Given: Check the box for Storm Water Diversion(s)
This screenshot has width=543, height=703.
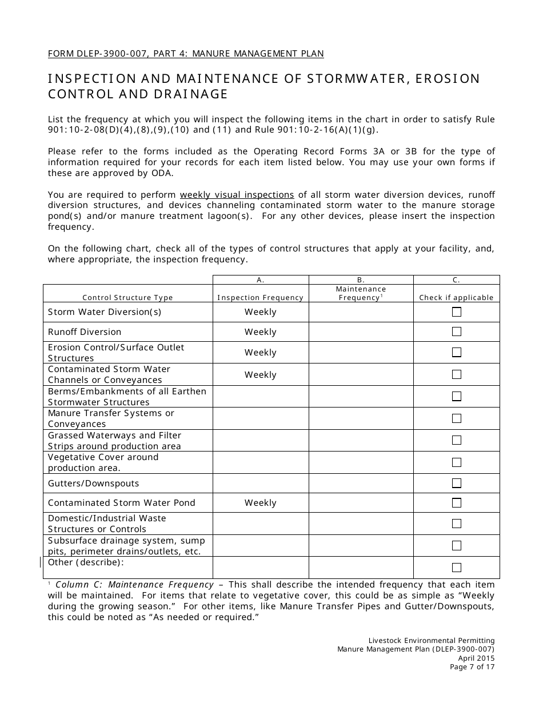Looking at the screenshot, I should tap(457, 312).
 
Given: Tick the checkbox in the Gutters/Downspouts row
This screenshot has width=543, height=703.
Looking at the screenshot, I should tap(457, 484).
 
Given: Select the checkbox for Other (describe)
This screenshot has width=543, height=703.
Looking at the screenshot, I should tap(457, 568).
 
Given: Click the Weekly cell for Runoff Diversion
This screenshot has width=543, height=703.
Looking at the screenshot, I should tap(261, 332).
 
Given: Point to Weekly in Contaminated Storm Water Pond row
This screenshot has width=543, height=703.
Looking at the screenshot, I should tap(261, 503).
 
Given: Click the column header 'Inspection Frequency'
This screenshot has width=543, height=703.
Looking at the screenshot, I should tap(261, 298).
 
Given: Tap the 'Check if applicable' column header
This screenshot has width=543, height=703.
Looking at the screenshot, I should tap(456, 298).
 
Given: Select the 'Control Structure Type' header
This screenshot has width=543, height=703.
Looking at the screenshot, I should tap(127, 298).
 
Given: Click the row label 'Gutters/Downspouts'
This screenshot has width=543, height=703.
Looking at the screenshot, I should tap(93, 484).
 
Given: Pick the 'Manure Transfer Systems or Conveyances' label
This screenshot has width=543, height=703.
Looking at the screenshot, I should tap(111, 418).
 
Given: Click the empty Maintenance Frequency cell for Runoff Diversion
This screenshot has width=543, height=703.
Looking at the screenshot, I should tap(361, 332).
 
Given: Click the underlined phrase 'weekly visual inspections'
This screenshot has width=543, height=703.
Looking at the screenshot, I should tap(237, 194).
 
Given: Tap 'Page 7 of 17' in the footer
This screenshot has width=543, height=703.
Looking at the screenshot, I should tap(472, 667).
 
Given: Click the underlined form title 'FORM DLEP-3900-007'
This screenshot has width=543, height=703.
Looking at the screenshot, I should tap(103, 54).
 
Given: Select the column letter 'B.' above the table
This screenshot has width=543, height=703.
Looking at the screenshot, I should tap(361, 280).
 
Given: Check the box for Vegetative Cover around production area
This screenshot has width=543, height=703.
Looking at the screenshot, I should tap(457, 462).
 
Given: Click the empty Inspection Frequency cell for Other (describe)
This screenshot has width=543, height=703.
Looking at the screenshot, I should tap(261, 568).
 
